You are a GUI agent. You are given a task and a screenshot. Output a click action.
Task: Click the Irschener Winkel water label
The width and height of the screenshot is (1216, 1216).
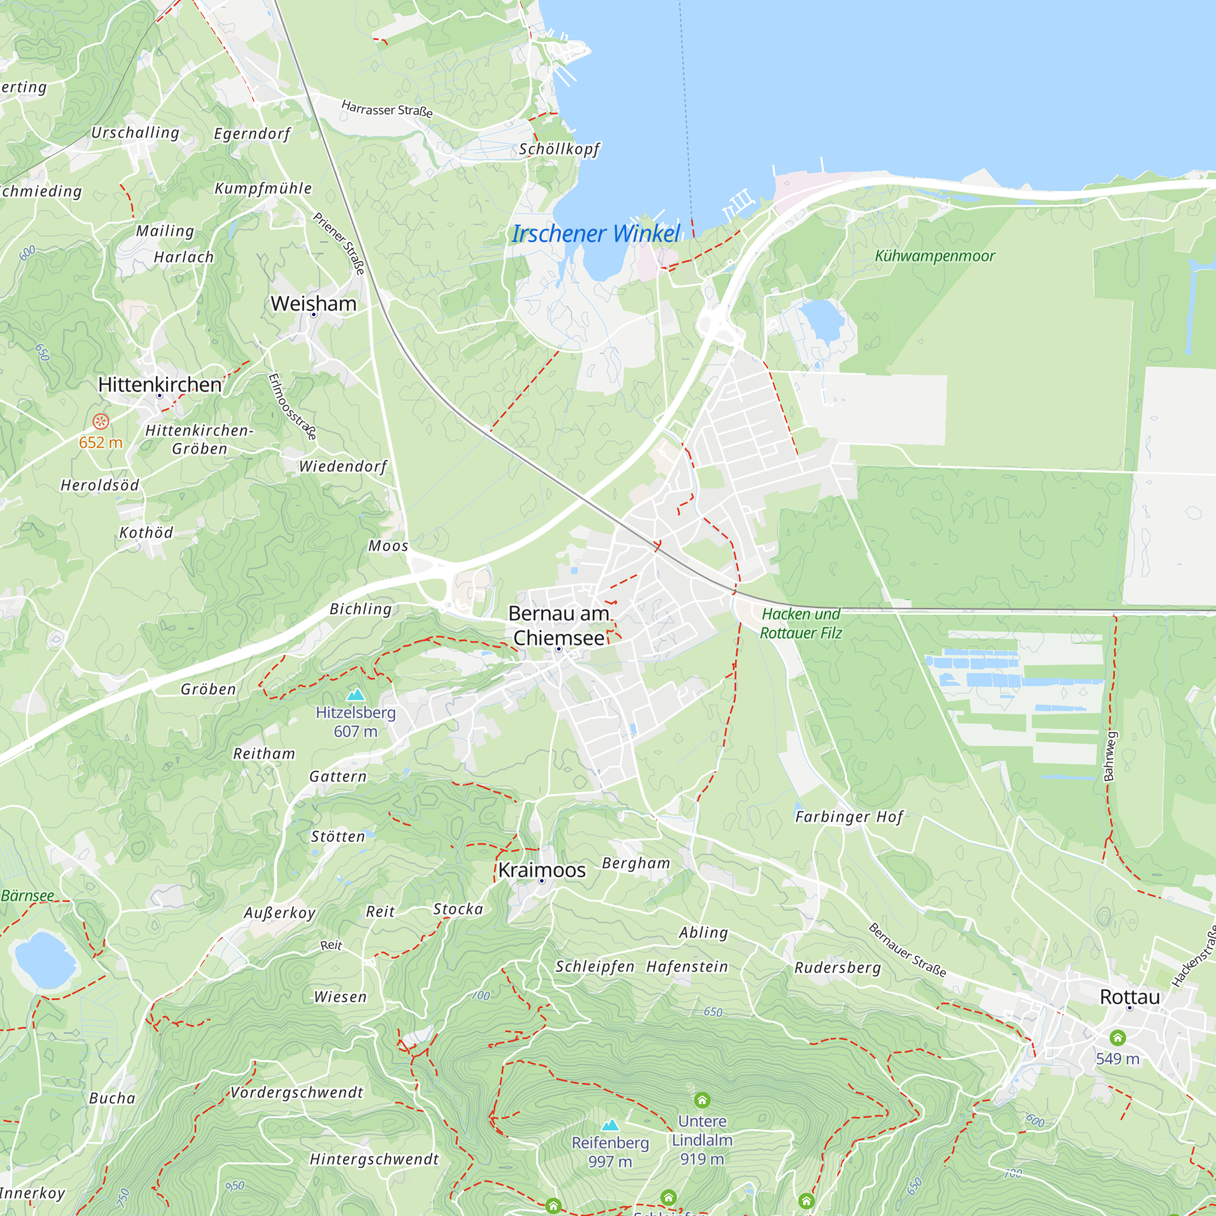pos(595,234)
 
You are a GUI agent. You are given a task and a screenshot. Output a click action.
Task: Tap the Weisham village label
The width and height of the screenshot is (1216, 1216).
pos(314,304)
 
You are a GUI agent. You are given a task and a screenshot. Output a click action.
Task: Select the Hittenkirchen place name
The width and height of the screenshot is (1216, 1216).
pos(160,385)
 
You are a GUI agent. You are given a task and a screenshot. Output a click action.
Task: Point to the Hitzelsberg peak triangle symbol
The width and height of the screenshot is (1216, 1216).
pos(356,695)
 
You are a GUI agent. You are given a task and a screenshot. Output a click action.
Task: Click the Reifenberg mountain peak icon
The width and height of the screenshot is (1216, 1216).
pos(610,1125)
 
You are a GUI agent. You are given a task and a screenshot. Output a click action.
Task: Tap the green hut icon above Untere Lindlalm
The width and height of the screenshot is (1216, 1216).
pos(702,1100)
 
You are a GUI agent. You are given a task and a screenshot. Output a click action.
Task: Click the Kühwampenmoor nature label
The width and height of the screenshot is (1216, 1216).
pos(934,256)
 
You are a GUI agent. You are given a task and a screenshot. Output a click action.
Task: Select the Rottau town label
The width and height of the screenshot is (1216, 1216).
pos(1129,997)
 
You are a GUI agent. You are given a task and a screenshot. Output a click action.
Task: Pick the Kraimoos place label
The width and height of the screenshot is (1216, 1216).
pos(542,871)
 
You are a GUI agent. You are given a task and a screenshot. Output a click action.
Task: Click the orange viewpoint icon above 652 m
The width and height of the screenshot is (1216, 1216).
pos(101,422)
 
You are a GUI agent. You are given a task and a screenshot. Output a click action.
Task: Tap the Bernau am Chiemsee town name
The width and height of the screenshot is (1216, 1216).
pos(559,626)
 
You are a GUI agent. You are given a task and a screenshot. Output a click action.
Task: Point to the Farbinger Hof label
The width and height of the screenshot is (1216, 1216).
pos(849,817)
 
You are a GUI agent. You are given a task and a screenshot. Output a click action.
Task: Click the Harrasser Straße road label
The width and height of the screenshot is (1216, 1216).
pos(387,109)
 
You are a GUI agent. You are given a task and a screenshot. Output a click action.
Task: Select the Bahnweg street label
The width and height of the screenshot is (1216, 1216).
pos(1110,756)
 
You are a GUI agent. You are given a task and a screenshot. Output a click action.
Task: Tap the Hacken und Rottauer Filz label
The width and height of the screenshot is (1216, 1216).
pos(801,624)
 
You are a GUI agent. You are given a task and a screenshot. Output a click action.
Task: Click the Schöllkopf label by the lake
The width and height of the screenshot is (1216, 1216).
pos(559,149)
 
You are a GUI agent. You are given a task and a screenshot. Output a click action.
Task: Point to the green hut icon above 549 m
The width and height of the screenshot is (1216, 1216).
pos(1117,1037)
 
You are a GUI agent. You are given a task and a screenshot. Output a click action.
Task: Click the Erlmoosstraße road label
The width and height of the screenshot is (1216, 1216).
pos(292,407)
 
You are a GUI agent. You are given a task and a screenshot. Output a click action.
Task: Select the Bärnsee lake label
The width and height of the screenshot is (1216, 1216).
pos(28,896)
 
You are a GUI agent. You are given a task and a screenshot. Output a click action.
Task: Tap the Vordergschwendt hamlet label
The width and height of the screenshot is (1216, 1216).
pos(297,1093)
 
